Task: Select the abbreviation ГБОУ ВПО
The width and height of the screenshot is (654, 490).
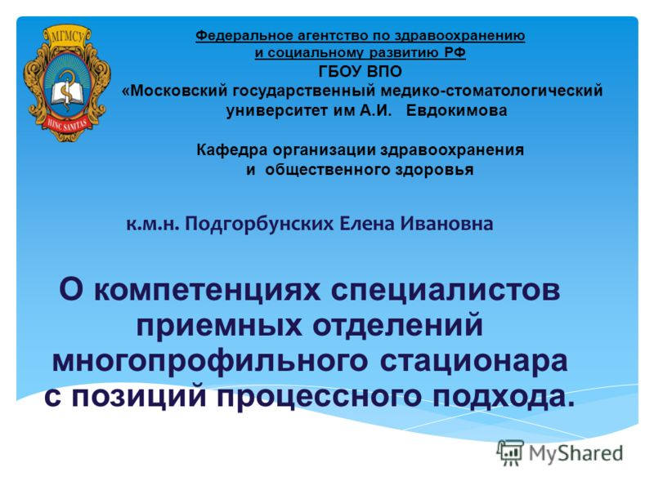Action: coord(361,72)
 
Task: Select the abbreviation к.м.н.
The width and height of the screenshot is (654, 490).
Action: coord(153,222)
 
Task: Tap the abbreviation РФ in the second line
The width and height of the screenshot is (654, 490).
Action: coord(455,54)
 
